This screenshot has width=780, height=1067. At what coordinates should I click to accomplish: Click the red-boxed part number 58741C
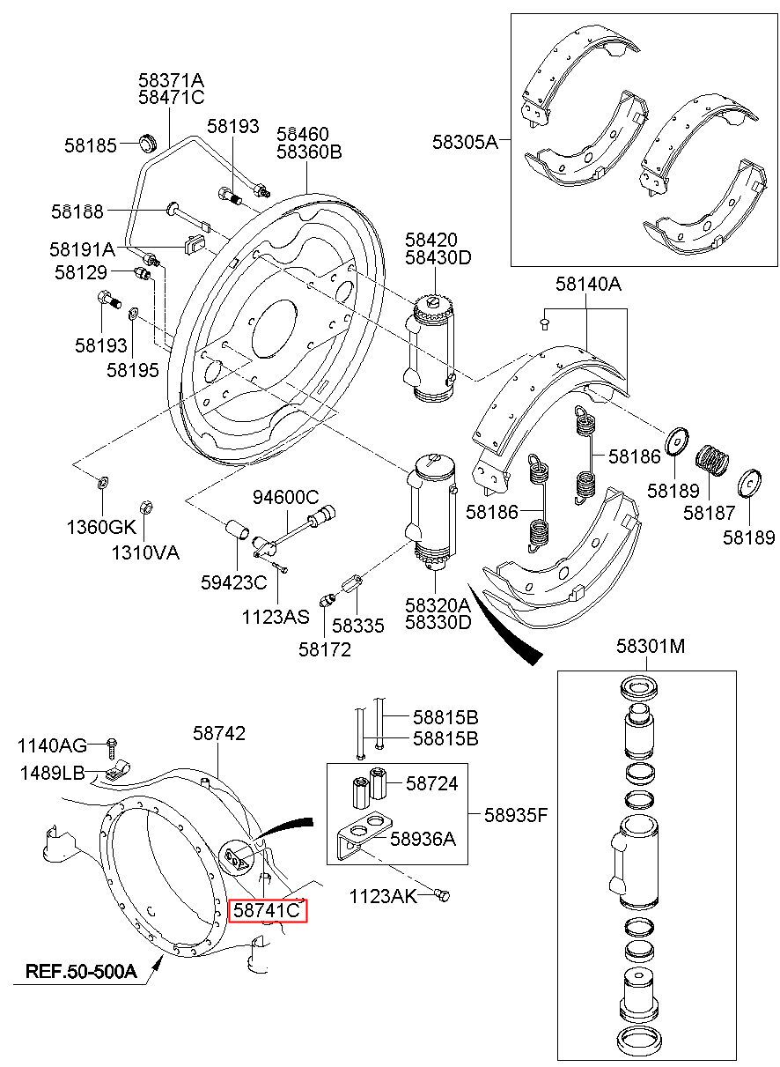coord(267,911)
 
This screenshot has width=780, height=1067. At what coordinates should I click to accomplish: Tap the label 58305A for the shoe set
coord(465,142)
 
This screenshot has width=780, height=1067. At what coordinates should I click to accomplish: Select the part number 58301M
coord(651,647)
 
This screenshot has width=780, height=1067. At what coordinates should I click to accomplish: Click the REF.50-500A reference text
coord(81,971)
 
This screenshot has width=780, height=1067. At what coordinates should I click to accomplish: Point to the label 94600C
coord(285,497)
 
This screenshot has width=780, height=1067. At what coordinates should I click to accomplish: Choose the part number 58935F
coord(516,816)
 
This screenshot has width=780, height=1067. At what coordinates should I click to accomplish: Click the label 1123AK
coord(383,897)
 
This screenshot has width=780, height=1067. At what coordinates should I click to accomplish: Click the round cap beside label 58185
coord(147,143)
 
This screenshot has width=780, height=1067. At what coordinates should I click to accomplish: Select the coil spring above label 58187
coord(712,460)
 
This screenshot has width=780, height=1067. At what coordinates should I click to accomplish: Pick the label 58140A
coord(588,285)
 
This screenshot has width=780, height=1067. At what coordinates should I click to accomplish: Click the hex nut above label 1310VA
coord(145,507)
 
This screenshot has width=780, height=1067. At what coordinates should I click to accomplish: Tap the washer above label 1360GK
coord(102,483)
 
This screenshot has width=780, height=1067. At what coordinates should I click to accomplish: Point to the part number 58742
coord(219,733)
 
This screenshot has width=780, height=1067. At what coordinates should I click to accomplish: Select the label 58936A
coord(423,839)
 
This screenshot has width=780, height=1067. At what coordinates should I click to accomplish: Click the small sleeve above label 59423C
coord(237,530)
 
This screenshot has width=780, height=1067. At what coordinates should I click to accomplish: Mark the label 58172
coord(325,649)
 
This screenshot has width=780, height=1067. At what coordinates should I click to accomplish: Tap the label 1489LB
coord(52,773)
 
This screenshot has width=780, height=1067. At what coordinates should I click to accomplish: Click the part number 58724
coord(431,783)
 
